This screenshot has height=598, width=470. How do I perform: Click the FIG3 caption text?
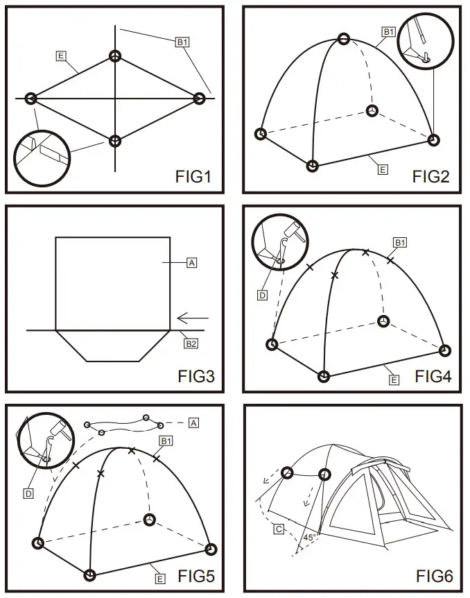click(x=196, y=376)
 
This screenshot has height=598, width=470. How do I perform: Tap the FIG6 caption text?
click(x=434, y=576)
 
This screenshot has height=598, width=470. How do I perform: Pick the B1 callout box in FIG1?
click(x=182, y=42)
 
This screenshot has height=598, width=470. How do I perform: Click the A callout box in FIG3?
click(x=192, y=262)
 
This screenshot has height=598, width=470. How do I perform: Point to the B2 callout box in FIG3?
click(x=191, y=343)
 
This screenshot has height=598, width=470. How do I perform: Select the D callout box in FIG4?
click(x=263, y=295)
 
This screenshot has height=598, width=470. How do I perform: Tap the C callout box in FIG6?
click(x=279, y=529)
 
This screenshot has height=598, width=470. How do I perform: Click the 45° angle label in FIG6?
click(x=309, y=536)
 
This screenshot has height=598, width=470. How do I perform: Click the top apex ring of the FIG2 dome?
click(x=343, y=39)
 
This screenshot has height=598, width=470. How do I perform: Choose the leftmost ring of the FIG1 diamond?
click(x=31, y=99)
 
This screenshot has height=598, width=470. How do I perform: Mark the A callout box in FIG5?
click(x=193, y=422)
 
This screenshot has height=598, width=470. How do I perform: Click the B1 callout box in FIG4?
click(x=399, y=242)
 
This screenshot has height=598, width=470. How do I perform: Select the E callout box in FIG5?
click(x=160, y=578)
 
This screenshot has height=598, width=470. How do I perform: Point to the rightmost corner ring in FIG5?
click(x=211, y=549)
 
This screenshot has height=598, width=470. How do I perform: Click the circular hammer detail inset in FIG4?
click(x=279, y=244)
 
